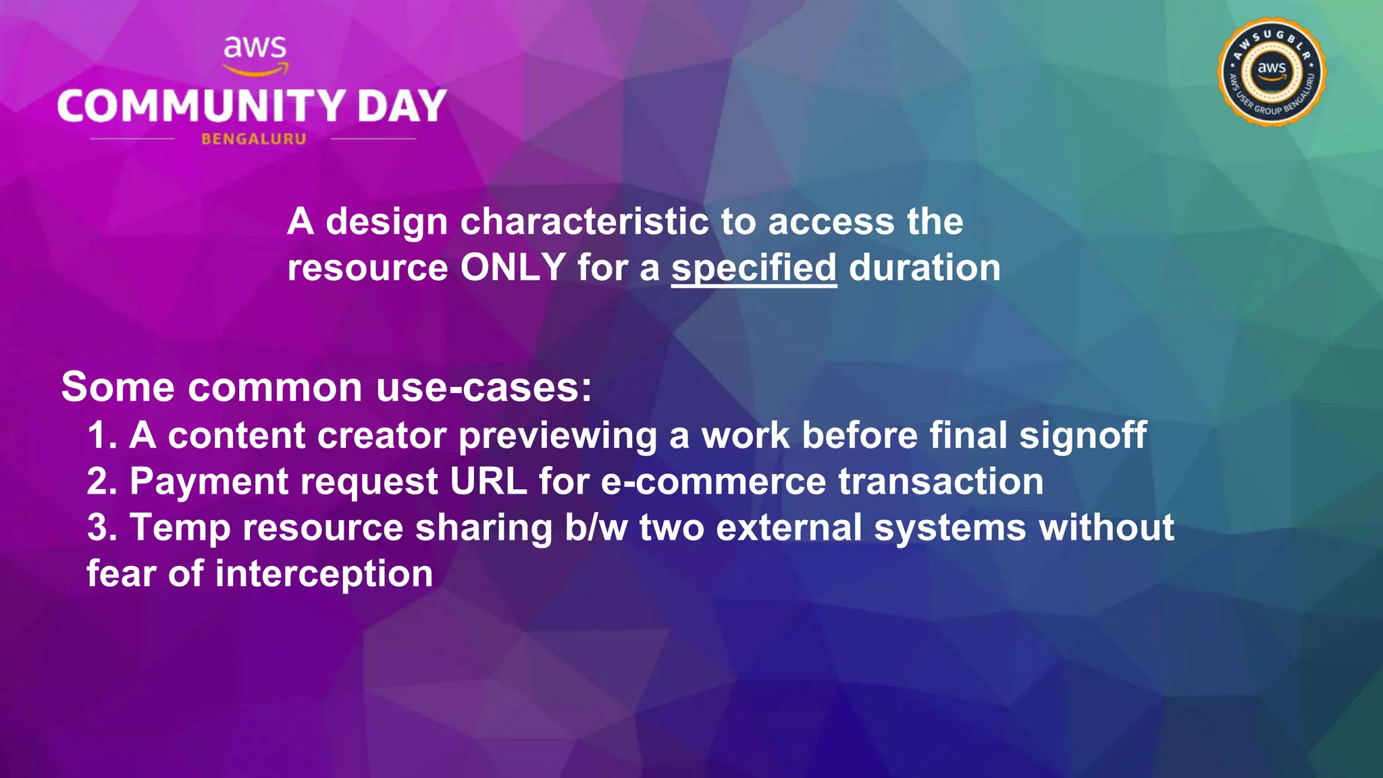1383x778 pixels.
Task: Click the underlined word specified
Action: point(754,268)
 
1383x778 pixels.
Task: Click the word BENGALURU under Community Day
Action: point(254,139)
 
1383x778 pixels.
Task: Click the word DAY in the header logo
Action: point(402,107)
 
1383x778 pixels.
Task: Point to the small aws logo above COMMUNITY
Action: point(255,54)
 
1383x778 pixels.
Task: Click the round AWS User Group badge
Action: point(1272,72)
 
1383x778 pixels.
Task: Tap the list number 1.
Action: point(101,436)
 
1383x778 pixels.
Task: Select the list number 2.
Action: point(101,482)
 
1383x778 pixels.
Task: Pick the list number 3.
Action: point(101,527)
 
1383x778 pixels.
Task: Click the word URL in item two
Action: point(488,482)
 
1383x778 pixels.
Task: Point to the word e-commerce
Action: point(713,482)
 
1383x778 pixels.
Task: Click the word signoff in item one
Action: point(1082,436)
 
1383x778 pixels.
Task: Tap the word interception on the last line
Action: point(323,574)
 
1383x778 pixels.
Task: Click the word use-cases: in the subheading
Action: point(484,388)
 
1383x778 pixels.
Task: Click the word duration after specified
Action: point(924,267)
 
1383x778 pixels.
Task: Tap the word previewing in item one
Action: point(558,436)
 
